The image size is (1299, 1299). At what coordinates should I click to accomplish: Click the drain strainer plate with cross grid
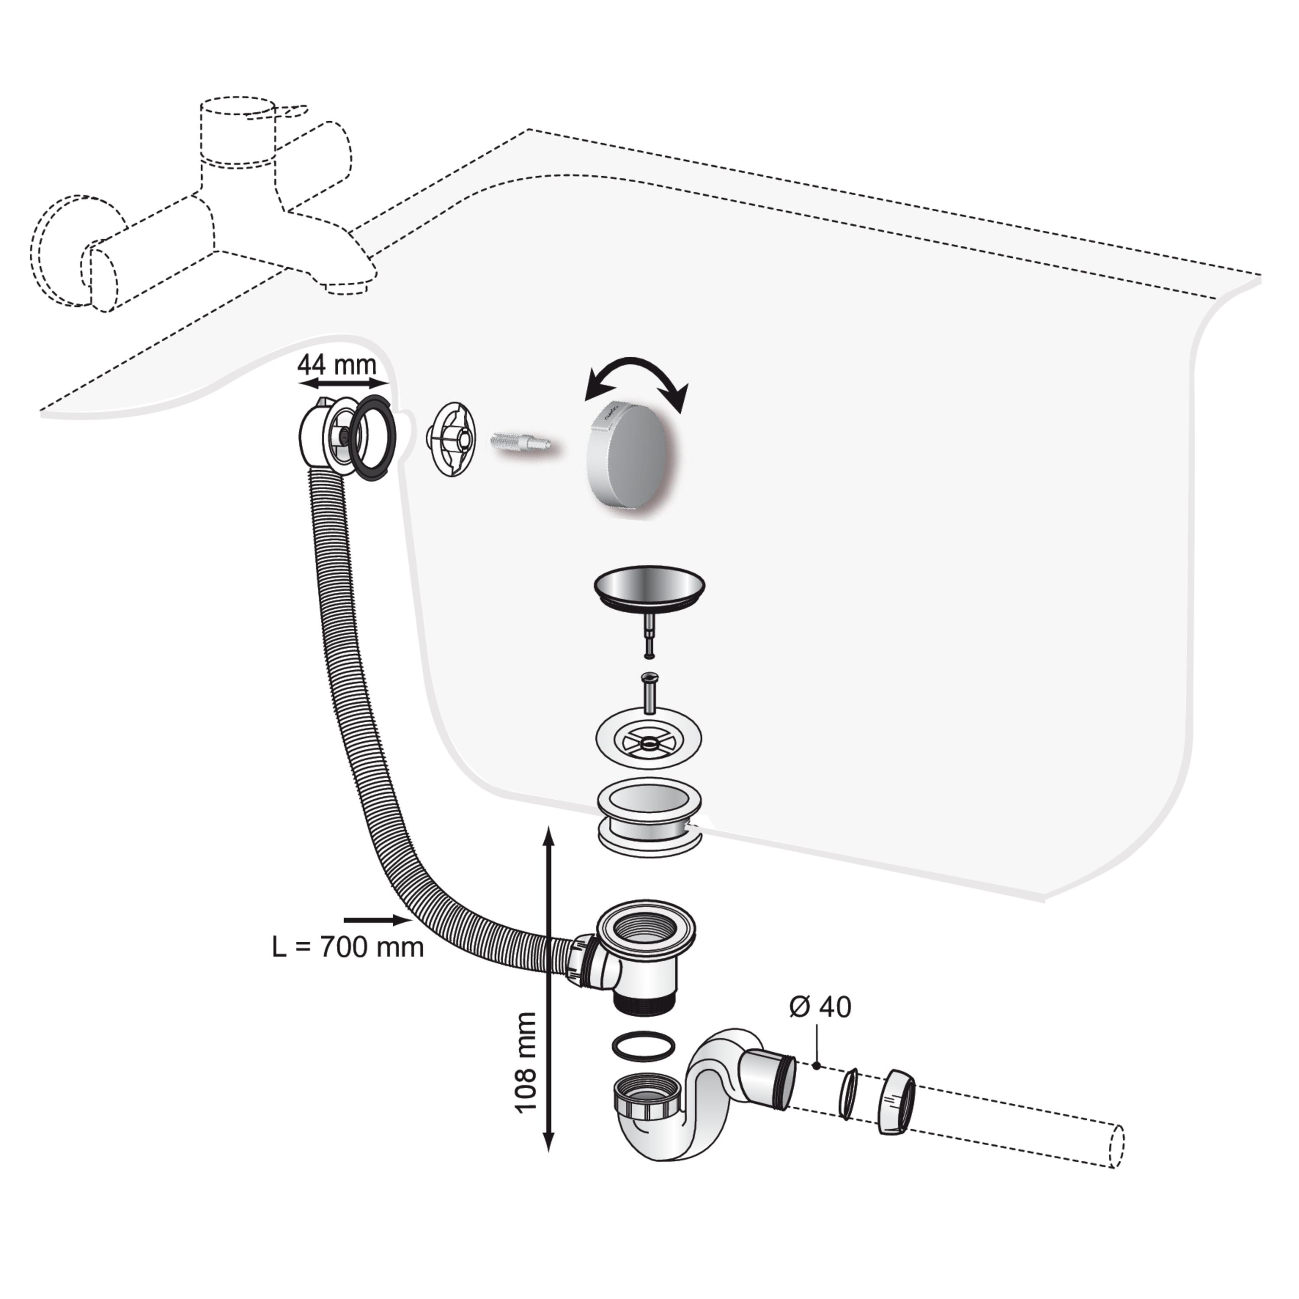click(649, 742)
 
